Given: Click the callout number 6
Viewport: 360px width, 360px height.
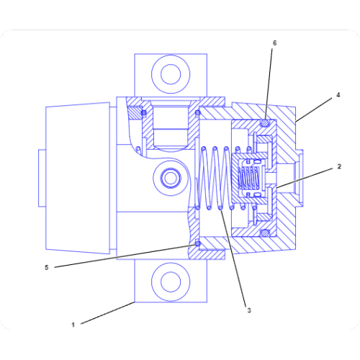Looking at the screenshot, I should [274, 43].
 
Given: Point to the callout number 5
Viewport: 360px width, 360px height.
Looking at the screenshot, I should [47, 267].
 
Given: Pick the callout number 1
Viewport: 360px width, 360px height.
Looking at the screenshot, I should [73, 325].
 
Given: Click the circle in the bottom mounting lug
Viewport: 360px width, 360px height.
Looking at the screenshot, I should [171, 281].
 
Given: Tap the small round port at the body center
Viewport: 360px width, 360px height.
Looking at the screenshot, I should [171, 177].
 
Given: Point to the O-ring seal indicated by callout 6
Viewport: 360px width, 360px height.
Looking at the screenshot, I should [264, 123].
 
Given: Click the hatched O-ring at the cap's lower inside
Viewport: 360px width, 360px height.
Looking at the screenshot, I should [264, 233].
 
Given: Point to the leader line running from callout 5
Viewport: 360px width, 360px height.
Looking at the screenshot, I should [122, 256].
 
